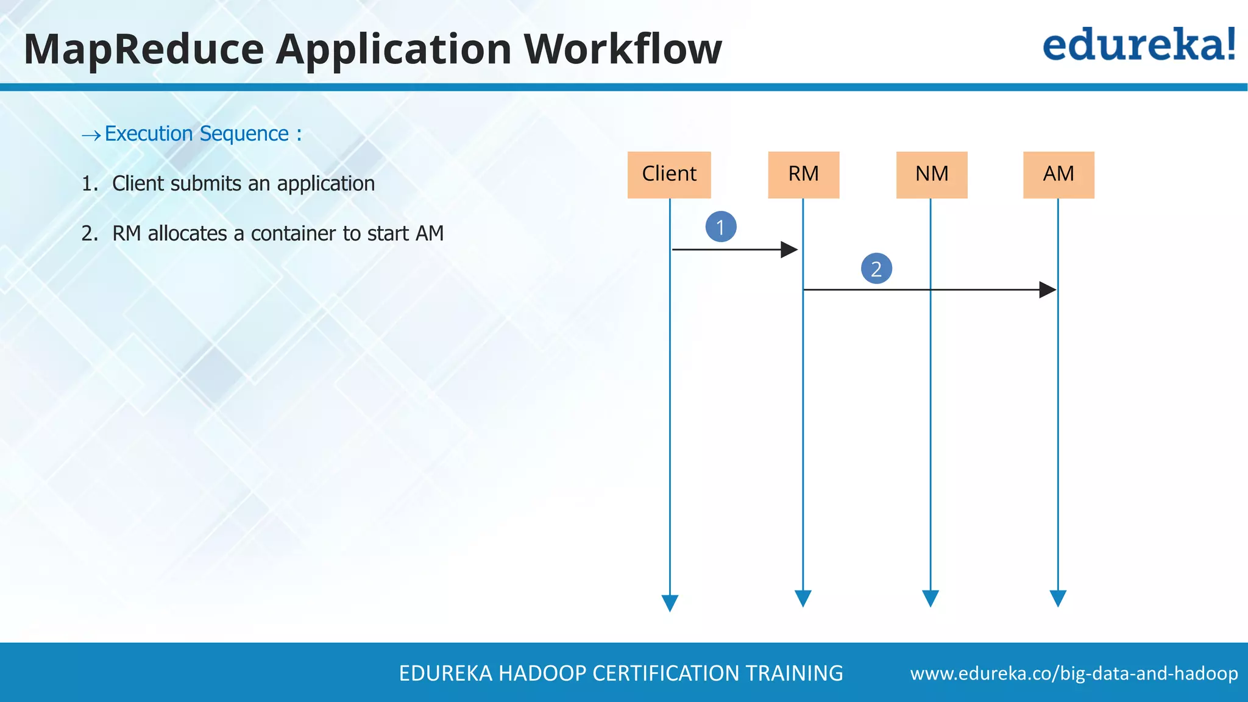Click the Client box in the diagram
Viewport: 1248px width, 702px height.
(669, 175)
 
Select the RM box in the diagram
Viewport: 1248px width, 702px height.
(803, 175)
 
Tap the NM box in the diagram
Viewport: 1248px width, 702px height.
(931, 175)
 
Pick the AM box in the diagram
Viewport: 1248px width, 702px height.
(1058, 175)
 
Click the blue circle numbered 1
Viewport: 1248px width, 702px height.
(721, 227)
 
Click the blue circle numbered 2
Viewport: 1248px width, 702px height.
(876, 269)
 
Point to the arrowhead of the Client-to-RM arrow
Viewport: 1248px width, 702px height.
(790, 249)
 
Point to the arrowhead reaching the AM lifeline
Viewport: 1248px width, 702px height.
(1048, 289)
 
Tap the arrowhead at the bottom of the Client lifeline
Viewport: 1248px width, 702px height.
(670, 602)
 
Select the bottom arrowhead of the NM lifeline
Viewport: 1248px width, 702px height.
(931, 598)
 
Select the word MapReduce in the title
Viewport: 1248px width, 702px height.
(144, 49)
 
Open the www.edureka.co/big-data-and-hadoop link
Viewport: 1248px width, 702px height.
(1074, 673)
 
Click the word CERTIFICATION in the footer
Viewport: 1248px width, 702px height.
(666, 673)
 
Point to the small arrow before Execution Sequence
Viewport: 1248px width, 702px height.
(91, 135)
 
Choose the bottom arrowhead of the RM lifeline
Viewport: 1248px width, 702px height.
(803, 598)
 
